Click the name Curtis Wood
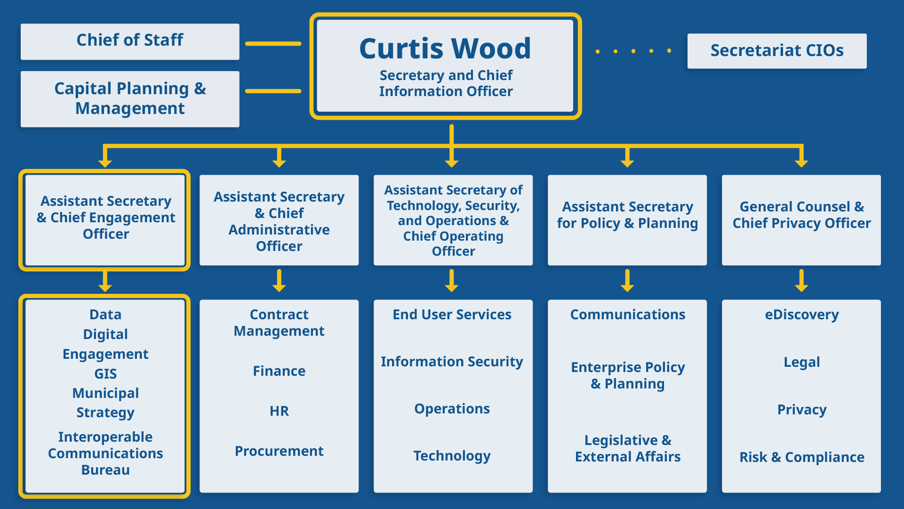[445, 48]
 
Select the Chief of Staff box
[130, 41]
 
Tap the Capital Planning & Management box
[130, 99]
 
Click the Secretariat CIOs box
[776, 51]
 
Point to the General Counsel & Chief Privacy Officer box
[801, 220]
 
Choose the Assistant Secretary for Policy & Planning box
[627, 220]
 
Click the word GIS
[105, 374]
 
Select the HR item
[279, 411]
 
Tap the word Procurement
[279, 451]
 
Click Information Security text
[452, 362]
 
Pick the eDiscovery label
[801, 315]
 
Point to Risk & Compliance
[801, 457]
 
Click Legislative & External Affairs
[627, 448]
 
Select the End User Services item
[452, 315]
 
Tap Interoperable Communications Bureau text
[105, 453]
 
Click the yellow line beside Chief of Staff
[273, 44]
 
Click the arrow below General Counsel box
[801, 281]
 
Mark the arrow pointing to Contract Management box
[279, 281]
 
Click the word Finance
[279, 371]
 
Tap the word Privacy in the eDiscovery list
[801, 410]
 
